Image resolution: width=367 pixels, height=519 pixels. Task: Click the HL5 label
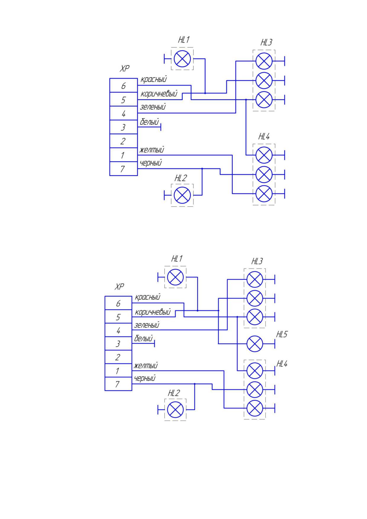click(282, 335)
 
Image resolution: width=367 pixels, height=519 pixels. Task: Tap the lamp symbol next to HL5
click(255, 344)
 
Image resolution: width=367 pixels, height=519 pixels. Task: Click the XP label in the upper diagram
click(125, 69)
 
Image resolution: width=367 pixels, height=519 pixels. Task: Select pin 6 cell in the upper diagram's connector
click(123, 86)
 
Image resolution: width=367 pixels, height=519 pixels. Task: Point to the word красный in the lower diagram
click(147, 297)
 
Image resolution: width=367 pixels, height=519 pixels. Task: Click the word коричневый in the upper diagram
click(159, 94)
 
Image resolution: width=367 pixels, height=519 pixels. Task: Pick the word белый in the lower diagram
click(144, 338)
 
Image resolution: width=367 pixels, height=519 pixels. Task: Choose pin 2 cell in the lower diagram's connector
click(118, 357)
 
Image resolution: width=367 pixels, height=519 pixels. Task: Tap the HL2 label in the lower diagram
click(174, 393)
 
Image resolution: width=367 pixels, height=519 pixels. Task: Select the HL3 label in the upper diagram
click(266, 43)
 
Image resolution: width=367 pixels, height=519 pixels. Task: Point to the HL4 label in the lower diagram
click(282, 364)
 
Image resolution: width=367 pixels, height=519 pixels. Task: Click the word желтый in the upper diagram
click(152, 150)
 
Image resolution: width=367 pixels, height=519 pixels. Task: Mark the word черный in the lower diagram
click(145, 378)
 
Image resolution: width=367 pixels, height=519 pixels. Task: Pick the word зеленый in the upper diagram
click(153, 107)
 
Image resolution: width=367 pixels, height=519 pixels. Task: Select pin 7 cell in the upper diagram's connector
click(123, 169)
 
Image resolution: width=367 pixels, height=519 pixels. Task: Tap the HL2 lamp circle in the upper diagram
click(182, 195)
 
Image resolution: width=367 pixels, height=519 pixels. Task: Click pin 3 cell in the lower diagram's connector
click(118, 344)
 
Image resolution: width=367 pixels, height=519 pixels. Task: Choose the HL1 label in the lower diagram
click(177, 259)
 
